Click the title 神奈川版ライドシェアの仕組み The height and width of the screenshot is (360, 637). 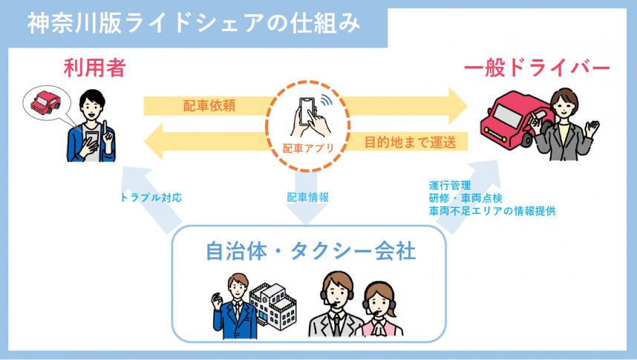[194, 23]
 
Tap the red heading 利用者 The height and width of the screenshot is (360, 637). [94, 69]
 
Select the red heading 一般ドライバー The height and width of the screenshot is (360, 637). [537, 69]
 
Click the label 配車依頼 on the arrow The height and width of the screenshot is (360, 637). [209, 105]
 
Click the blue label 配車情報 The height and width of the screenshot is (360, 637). [307, 198]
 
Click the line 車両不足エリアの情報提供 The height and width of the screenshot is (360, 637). [492, 212]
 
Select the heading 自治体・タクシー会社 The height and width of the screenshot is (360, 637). [310, 252]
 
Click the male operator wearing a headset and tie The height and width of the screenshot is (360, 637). [333, 306]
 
